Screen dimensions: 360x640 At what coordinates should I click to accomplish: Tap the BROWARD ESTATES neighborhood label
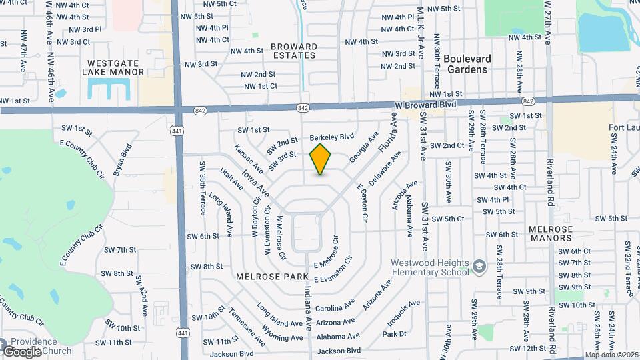[x=294, y=51]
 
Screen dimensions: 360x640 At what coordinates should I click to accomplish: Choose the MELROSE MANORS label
[x=551, y=233]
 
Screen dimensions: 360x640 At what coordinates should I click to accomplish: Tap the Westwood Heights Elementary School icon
[x=479, y=267]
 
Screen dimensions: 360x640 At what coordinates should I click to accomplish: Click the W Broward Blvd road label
[x=425, y=105]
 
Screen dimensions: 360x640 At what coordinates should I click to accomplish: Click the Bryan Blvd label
[x=122, y=159]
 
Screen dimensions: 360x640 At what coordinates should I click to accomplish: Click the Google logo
[x=23, y=351]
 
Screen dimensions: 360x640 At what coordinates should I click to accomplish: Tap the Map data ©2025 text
[x=612, y=355]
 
